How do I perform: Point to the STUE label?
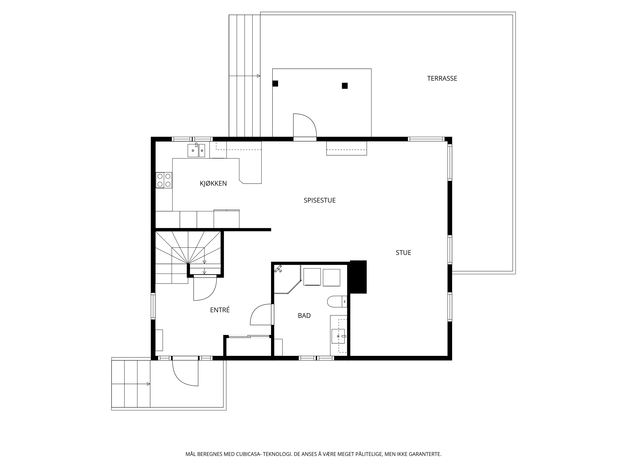point(403,252)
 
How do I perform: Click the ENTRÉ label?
point(220,310)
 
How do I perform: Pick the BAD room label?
point(304,316)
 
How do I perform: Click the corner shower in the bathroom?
point(287,279)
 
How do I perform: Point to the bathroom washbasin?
point(338,336)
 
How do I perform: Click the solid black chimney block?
point(358,277)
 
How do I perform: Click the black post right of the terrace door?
point(345,86)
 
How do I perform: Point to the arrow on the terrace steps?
point(244,76)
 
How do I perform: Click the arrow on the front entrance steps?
point(131,384)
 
